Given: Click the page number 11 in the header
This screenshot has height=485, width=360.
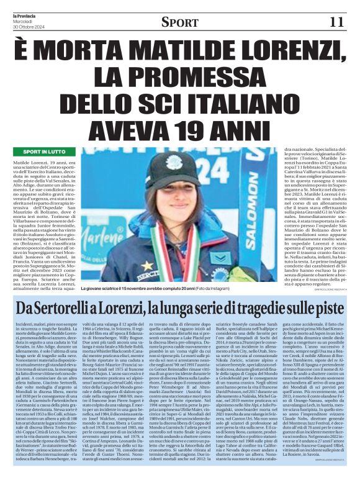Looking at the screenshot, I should tap(336, 22).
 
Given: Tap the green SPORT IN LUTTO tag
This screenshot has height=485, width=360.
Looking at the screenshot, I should tap(44, 152).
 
